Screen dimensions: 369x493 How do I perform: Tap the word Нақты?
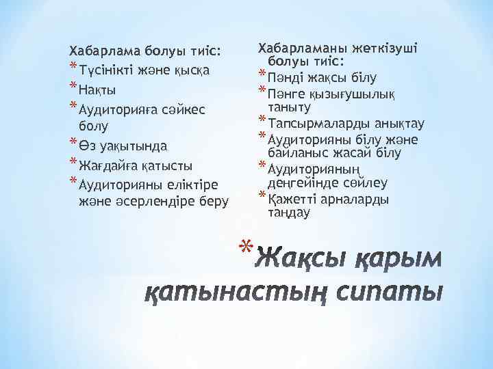tap(97, 90)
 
